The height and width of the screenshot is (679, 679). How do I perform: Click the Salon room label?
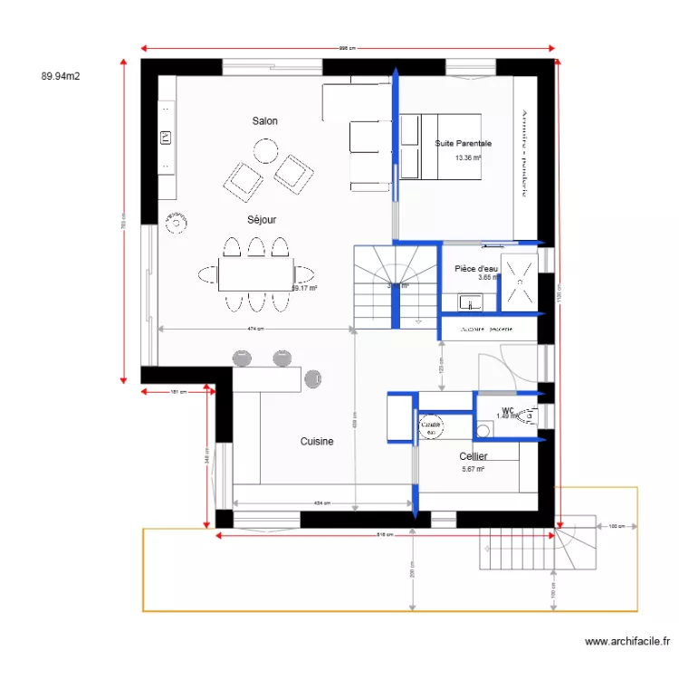264,120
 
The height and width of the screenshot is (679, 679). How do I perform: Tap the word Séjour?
262,219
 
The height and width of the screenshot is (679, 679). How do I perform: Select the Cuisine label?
317,442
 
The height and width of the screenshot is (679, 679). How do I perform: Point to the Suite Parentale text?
463,143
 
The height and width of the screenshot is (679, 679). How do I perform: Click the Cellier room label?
473,456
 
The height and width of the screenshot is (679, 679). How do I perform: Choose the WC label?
507,410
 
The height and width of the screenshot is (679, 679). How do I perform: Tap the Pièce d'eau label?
475,269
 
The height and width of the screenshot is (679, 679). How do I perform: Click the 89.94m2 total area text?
61,77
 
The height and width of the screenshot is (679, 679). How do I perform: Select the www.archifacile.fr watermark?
627,642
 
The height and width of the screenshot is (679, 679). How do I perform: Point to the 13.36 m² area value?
468,158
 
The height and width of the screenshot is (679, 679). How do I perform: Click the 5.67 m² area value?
473,469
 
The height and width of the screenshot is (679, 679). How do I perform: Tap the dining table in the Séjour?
255,272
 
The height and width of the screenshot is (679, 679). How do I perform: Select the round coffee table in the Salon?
265,149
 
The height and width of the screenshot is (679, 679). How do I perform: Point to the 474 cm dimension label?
254,329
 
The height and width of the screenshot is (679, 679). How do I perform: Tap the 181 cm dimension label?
177,392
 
